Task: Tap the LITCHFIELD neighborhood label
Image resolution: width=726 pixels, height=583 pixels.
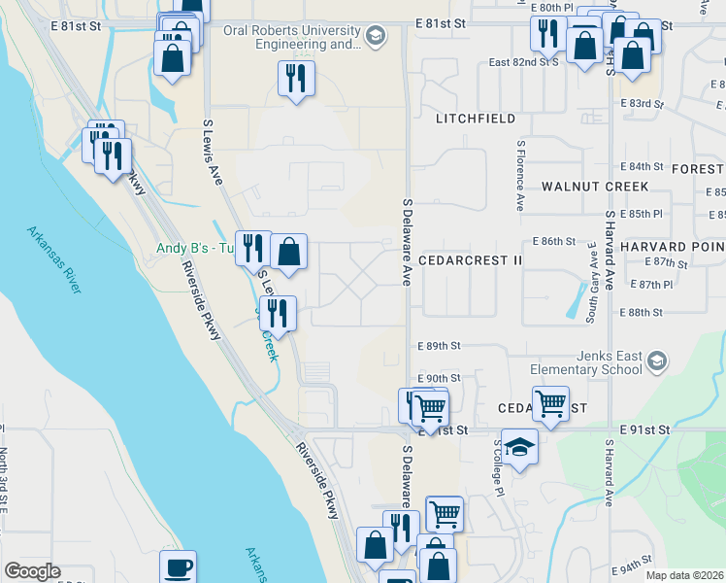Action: click(x=476, y=119)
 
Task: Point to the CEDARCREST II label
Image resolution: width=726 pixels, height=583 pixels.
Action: click(x=471, y=261)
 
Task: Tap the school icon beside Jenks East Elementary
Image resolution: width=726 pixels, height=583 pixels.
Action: click(x=657, y=362)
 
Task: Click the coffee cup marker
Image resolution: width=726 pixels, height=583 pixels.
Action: click(x=178, y=567)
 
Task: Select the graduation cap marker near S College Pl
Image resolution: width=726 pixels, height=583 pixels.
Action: click(x=519, y=446)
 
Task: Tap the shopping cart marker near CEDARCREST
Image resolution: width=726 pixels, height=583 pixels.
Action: click(x=550, y=401)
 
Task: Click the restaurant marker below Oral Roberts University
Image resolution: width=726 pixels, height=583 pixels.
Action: click(x=296, y=78)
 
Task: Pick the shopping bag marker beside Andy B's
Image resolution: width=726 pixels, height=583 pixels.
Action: click(x=289, y=252)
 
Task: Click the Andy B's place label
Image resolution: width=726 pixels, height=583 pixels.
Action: click(x=194, y=248)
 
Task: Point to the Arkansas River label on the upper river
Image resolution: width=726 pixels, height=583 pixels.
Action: click(x=53, y=252)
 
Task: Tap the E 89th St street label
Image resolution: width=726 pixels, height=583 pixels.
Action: click(x=439, y=346)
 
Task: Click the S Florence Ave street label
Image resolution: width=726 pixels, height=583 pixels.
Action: click(x=520, y=176)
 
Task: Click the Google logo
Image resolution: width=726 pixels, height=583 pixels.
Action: click(x=32, y=571)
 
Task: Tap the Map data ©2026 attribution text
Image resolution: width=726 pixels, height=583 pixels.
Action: click(x=683, y=575)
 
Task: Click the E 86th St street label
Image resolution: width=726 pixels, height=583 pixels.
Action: click(x=553, y=241)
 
